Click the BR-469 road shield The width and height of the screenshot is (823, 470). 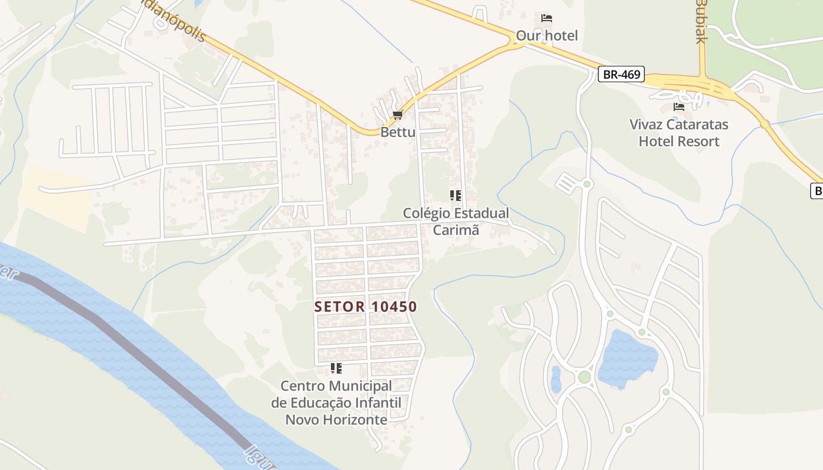point(621,75)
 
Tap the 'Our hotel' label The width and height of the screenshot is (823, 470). point(547,36)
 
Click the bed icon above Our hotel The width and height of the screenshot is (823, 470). point(547,18)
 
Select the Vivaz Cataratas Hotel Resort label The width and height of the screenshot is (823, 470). point(679,133)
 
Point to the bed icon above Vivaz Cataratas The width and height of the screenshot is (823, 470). point(679,107)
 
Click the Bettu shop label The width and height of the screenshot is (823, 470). point(398,132)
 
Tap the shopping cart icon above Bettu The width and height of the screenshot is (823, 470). point(398,115)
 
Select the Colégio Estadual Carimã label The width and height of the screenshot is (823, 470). point(456,221)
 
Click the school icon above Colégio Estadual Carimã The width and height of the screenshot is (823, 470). point(456,196)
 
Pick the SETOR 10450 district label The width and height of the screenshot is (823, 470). point(366,307)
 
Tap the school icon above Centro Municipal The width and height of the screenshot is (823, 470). point(336,368)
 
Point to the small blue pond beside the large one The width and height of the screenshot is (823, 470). point(556,380)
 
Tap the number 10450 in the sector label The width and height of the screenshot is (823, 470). point(394,307)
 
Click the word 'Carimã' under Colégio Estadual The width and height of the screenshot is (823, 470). point(456,230)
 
